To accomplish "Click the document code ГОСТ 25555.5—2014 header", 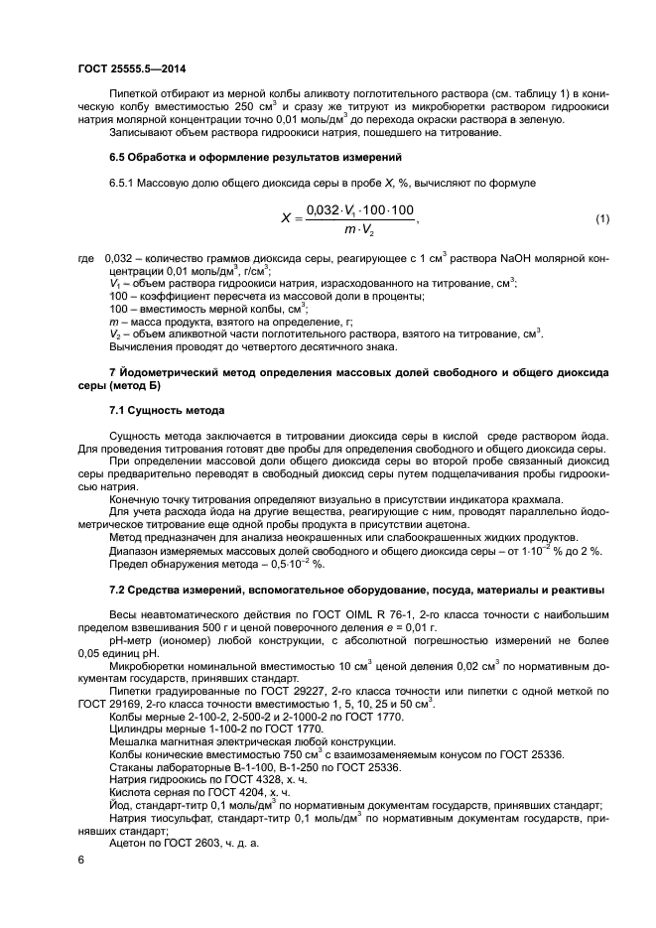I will [131, 68].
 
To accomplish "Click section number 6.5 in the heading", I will [117, 158].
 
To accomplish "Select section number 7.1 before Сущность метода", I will [117, 410].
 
